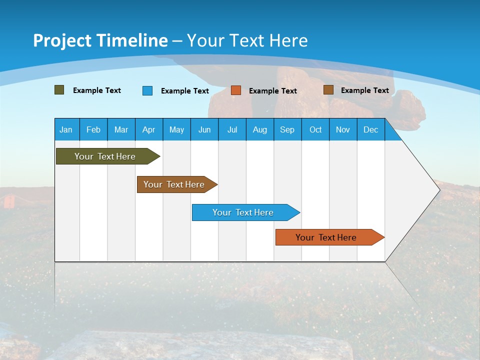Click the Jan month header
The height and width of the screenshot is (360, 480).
pyautogui.click(x=66, y=129)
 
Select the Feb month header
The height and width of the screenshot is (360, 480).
pyautogui.click(x=93, y=129)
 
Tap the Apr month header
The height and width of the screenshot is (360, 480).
pyautogui.click(x=148, y=129)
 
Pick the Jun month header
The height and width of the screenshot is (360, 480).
pyautogui.click(x=204, y=129)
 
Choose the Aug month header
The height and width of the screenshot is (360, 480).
pyautogui.click(x=259, y=129)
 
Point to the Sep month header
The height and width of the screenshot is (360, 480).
pyautogui.click(x=287, y=129)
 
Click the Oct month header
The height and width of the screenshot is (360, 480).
pyautogui.click(x=315, y=129)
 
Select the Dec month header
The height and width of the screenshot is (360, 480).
pyautogui.click(x=370, y=129)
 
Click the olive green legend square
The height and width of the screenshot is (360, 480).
pyautogui.click(x=59, y=90)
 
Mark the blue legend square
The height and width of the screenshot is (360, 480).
pyautogui.click(x=147, y=90)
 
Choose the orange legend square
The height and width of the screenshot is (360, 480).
pyautogui.click(x=236, y=90)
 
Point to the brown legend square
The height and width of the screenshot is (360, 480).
pyautogui.click(x=328, y=90)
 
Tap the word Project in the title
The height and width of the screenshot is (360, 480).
pyautogui.click(x=62, y=40)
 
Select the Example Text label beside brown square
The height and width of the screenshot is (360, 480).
pyautogui.click(x=364, y=90)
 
